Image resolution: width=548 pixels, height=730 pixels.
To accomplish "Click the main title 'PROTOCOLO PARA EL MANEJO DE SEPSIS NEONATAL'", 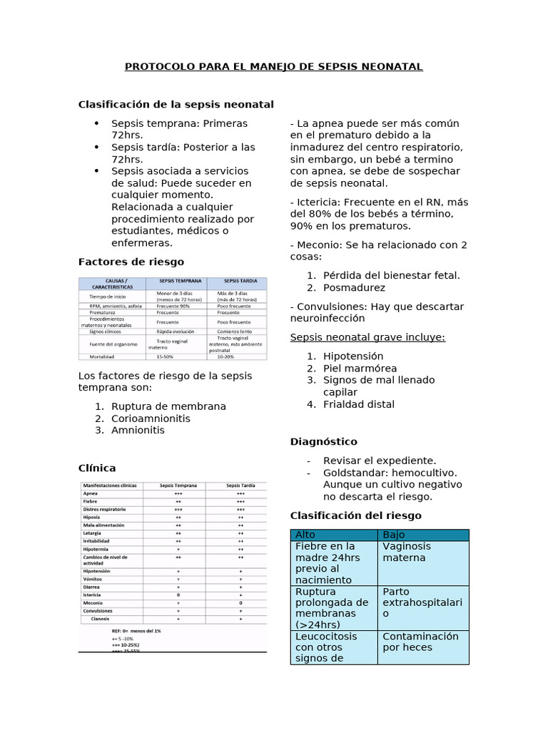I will point(274,67).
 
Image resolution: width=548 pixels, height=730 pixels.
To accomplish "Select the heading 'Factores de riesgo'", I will point(131,262).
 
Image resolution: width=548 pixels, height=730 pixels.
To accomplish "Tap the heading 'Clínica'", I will point(96,468).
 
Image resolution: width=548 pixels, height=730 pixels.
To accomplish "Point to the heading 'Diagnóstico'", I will point(324,442).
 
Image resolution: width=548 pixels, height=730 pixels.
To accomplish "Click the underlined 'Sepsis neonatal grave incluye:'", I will point(367,336).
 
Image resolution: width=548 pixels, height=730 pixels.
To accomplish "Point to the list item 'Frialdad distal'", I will point(358,404).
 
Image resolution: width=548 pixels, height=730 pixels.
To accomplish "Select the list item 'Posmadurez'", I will point(354,288).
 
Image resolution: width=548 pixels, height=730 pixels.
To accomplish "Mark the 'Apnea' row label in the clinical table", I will point(91,493).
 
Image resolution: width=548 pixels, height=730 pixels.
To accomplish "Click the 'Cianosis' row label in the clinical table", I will point(101,620).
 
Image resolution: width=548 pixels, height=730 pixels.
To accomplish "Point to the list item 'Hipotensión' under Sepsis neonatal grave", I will point(353,356).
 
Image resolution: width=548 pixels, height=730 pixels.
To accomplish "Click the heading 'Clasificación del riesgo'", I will point(355,515).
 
